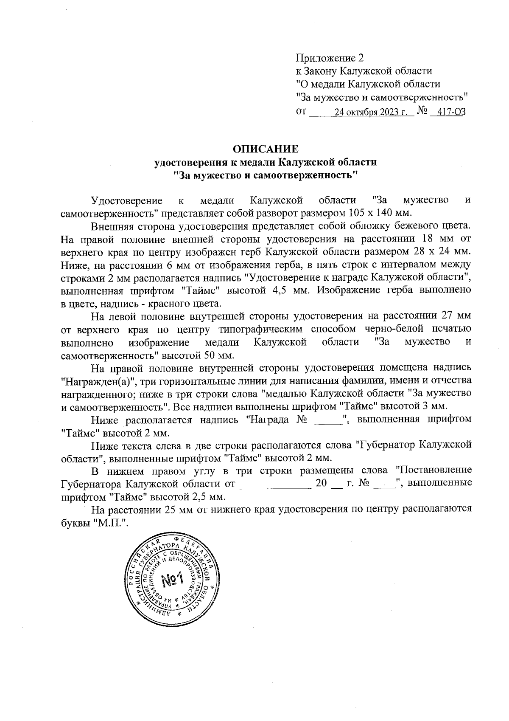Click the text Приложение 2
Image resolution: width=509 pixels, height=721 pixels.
pos(330,58)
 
